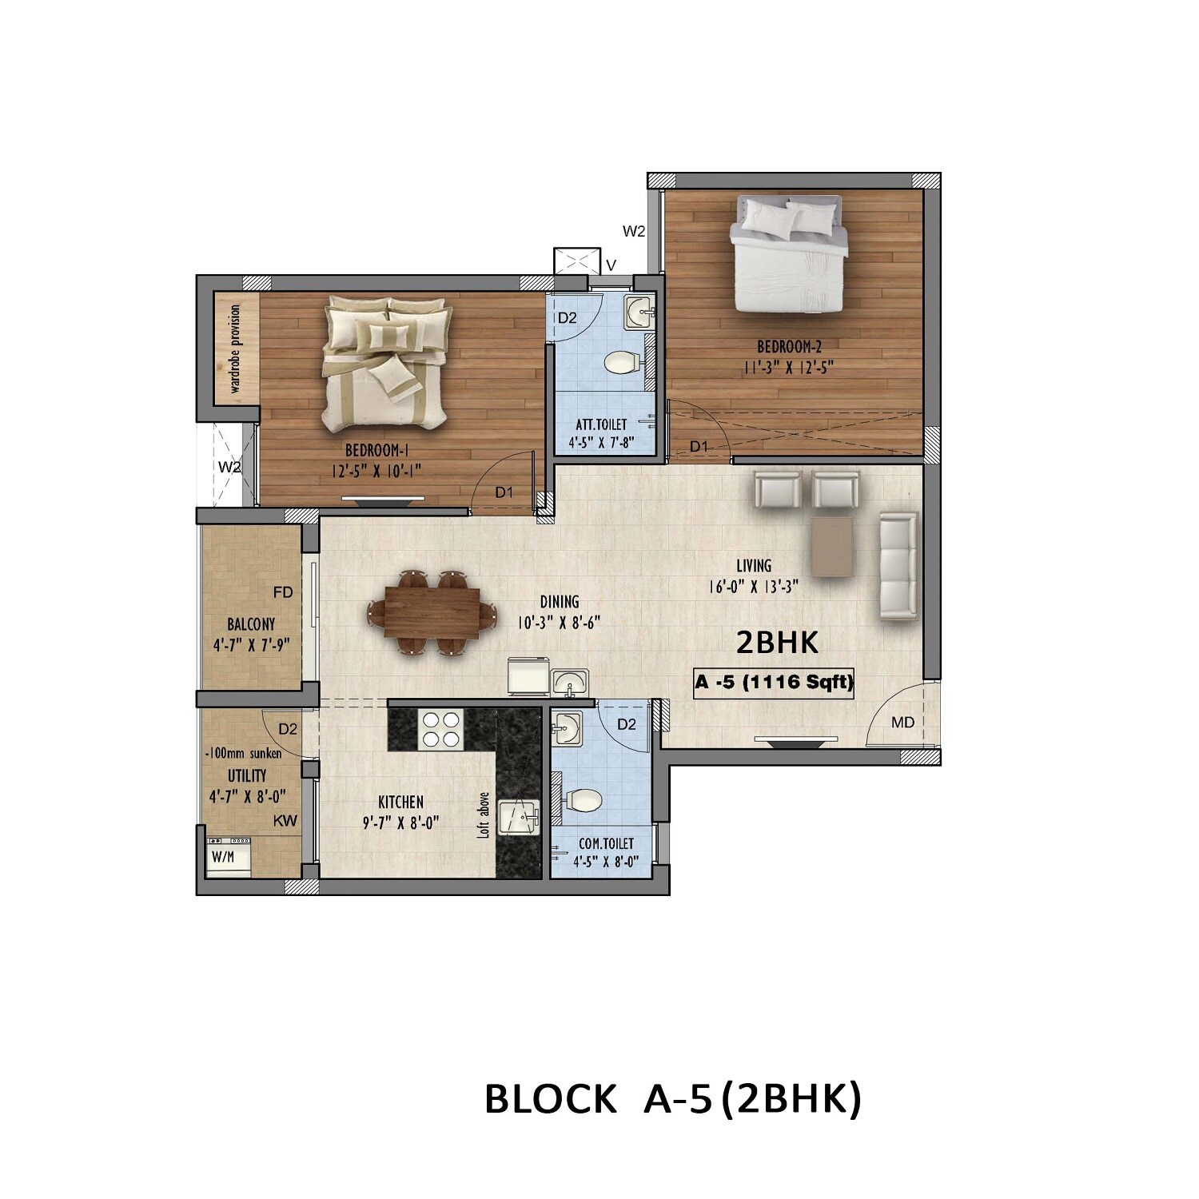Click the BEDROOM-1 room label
coord(376,450)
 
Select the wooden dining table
coord(432,613)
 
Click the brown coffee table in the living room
coord(832,546)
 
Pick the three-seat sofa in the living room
coord(898,567)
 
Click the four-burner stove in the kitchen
coord(442,728)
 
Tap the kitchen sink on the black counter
coord(519,817)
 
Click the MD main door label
coord(902,723)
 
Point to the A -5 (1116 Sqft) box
coord(773,683)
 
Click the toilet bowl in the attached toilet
coord(621,364)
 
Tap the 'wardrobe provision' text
coord(235,349)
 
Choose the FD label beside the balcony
coord(283,592)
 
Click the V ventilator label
coord(611,265)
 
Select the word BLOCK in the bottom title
coord(550,1099)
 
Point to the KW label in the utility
coord(285,821)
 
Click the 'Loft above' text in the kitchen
coord(484,815)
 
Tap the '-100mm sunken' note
coord(244,753)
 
